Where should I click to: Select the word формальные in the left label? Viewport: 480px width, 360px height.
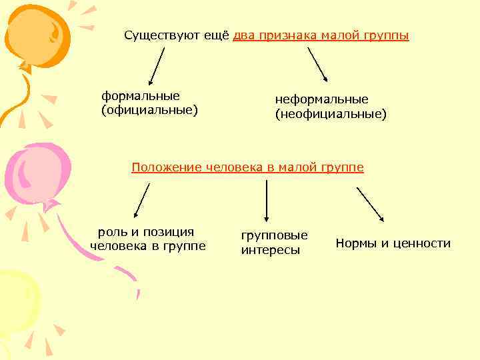(141, 95)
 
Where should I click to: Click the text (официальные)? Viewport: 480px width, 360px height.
(149, 109)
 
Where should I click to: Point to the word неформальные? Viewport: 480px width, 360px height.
(321, 99)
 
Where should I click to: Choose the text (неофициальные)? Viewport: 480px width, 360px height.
(331, 114)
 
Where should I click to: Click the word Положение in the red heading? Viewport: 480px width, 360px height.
(159, 167)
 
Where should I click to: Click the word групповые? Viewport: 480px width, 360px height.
(274, 235)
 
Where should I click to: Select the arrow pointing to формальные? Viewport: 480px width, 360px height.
(155, 68)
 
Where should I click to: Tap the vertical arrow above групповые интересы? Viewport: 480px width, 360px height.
(266, 200)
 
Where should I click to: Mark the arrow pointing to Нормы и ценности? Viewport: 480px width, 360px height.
(370, 203)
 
